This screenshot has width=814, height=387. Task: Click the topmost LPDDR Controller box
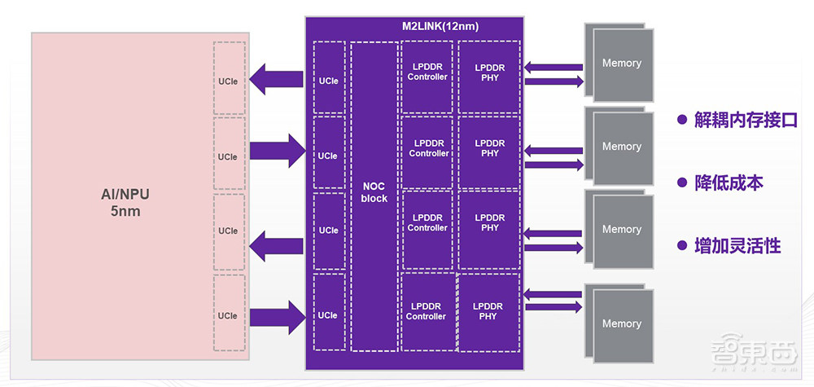pos(427,73)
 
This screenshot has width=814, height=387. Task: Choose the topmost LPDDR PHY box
pos(489,73)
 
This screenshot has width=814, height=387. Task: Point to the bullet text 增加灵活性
pos(737,245)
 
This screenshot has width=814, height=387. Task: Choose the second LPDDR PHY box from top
pos(489,148)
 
